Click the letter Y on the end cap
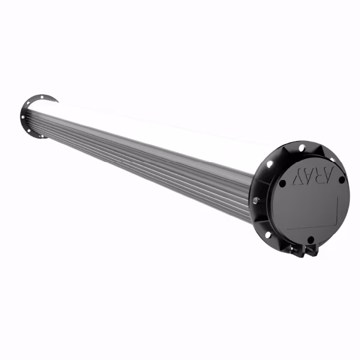[297, 178]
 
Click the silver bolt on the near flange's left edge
[256, 200]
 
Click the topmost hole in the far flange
[46, 97]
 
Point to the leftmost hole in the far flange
[25, 118]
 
